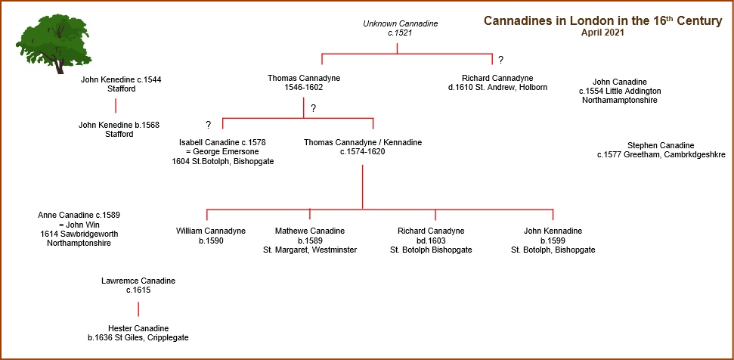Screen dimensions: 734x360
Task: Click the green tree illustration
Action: [54, 46]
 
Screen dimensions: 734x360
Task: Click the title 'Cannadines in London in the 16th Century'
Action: [603, 21]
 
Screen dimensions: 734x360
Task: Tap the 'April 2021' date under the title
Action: [603, 33]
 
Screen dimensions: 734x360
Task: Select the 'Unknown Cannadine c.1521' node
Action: [400, 28]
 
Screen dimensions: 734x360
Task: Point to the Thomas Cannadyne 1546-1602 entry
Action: [304, 82]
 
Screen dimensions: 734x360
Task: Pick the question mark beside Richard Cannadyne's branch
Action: [501, 60]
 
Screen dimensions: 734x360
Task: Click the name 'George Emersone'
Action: [227, 152]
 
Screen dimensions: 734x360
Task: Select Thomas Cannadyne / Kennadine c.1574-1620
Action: [363, 147]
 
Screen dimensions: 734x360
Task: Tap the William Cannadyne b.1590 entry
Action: [211, 235]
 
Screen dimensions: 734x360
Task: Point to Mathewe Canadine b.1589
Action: [310, 241]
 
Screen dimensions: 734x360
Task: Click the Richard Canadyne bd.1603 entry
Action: [431, 241]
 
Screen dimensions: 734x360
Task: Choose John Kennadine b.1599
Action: [553, 241]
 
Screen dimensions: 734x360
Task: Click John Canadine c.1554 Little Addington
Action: [620, 91]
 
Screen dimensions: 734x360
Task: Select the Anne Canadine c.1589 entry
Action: [79, 229]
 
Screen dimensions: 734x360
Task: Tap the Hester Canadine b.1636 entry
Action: [138, 333]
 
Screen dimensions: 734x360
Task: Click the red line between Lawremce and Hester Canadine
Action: [138, 309]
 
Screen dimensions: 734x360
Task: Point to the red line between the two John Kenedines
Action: [116, 106]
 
